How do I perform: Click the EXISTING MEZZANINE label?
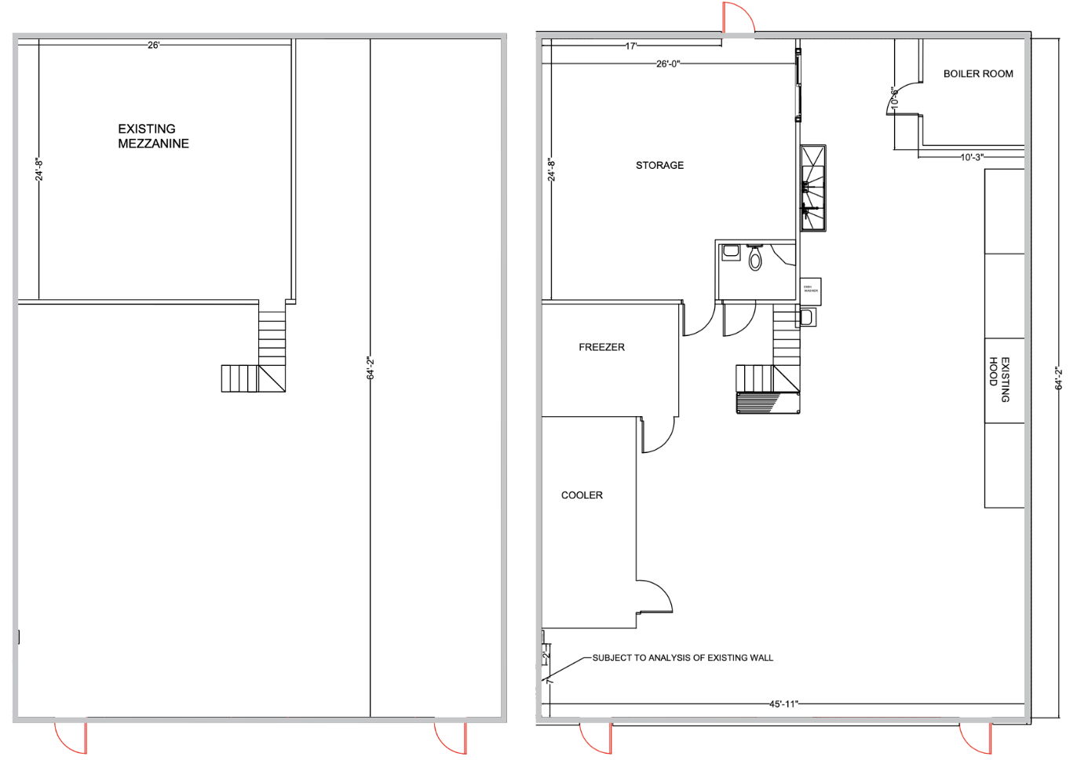(x=153, y=136)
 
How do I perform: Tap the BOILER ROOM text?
(x=977, y=74)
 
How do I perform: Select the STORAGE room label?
(x=659, y=166)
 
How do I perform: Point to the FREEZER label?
(x=601, y=347)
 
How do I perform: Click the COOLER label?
(x=582, y=495)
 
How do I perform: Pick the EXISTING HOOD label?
(x=999, y=380)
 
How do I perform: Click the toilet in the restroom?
(x=755, y=258)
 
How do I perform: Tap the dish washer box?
(x=810, y=290)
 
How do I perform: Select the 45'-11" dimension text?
(x=783, y=704)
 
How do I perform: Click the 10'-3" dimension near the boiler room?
(x=971, y=158)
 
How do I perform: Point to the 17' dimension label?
(x=630, y=46)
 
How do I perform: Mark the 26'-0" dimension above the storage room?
(x=667, y=64)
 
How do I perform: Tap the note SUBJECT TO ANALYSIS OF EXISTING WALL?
(x=682, y=658)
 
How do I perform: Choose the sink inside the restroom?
(x=731, y=252)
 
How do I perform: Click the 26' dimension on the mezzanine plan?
(x=153, y=46)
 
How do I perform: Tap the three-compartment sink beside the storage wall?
(x=813, y=188)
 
